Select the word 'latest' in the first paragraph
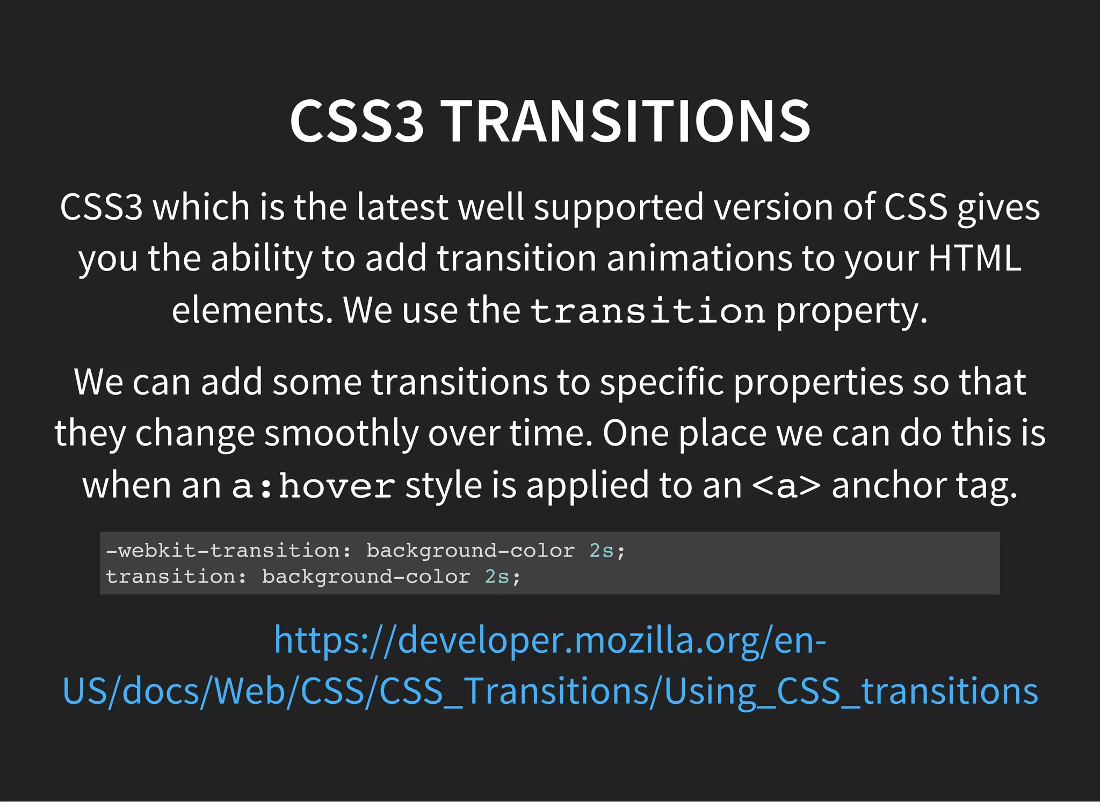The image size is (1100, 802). click(402, 207)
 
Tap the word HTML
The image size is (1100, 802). click(974, 258)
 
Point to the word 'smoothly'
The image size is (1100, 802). click(341, 434)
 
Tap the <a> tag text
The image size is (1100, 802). click(786, 485)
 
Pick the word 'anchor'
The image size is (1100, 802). click(889, 485)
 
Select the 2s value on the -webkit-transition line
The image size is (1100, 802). click(601, 551)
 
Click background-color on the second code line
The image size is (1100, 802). click(366, 577)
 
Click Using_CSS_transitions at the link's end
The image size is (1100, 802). click(851, 691)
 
